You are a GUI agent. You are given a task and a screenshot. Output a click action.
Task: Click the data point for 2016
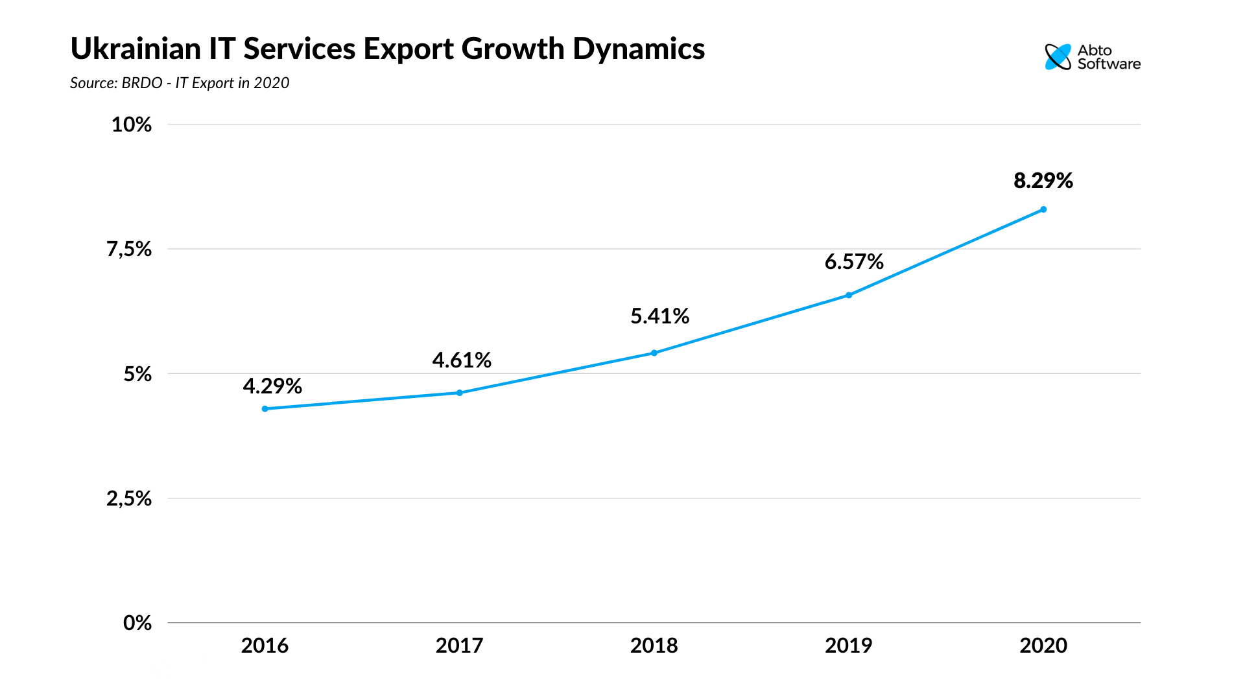[265, 409]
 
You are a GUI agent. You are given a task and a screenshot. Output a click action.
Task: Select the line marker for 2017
[460, 393]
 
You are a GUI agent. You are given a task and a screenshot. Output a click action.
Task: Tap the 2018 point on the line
[654, 353]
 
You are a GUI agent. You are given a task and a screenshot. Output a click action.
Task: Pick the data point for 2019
[849, 296]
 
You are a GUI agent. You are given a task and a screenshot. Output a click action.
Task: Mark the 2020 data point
[1043, 209]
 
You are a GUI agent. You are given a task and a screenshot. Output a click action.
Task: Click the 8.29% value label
[1043, 181]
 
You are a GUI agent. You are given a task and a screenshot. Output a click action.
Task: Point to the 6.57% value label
[853, 262]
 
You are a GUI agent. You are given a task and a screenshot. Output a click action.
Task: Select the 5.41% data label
[659, 316]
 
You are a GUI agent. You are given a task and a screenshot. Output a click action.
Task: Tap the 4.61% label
[462, 360]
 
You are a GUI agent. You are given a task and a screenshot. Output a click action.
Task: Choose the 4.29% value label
[272, 386]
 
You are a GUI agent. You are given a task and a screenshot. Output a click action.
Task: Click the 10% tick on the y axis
[132, 124]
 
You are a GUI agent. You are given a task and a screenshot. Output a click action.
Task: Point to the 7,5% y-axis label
[129, 249]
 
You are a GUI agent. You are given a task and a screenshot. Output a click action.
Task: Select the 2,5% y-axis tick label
[129, 498]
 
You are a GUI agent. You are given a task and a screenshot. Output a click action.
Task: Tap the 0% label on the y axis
[137, 623]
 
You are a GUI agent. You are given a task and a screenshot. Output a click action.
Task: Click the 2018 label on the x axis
[654, 646]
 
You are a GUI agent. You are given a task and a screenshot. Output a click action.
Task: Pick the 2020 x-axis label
[1043, 646]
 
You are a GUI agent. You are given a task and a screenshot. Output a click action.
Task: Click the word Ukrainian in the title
[136, 49]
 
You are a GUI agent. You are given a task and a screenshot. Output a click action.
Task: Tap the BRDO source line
[180, 83]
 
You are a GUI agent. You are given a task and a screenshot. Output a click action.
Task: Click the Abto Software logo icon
[1058, 57]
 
